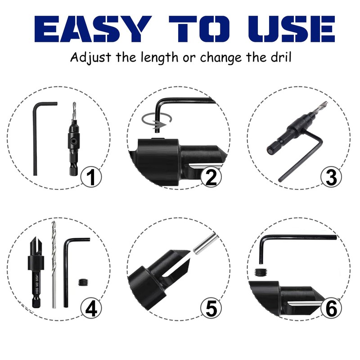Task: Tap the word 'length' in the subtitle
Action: coord(158,58)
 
